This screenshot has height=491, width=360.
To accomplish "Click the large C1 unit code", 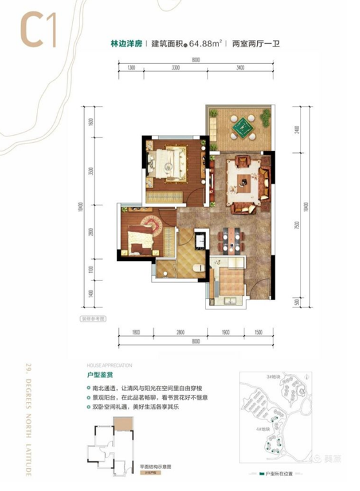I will coord(32,29).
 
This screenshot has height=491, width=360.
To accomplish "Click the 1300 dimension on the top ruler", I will coord(131,67).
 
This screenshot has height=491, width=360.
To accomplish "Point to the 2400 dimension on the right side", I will coord(296,130).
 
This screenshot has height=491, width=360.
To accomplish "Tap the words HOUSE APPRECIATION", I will coord(105,364).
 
